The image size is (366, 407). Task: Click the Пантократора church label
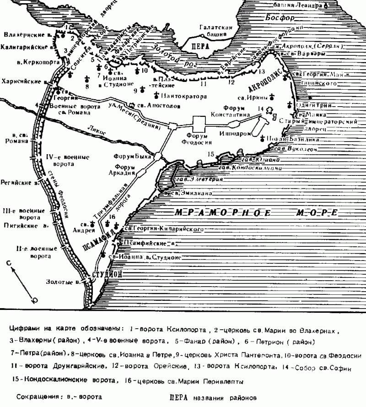(184, 97)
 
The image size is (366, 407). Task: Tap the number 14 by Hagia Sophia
(261, 109)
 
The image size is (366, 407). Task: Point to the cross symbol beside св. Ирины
(273, 97)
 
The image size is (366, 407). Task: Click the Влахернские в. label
(23, 35)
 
